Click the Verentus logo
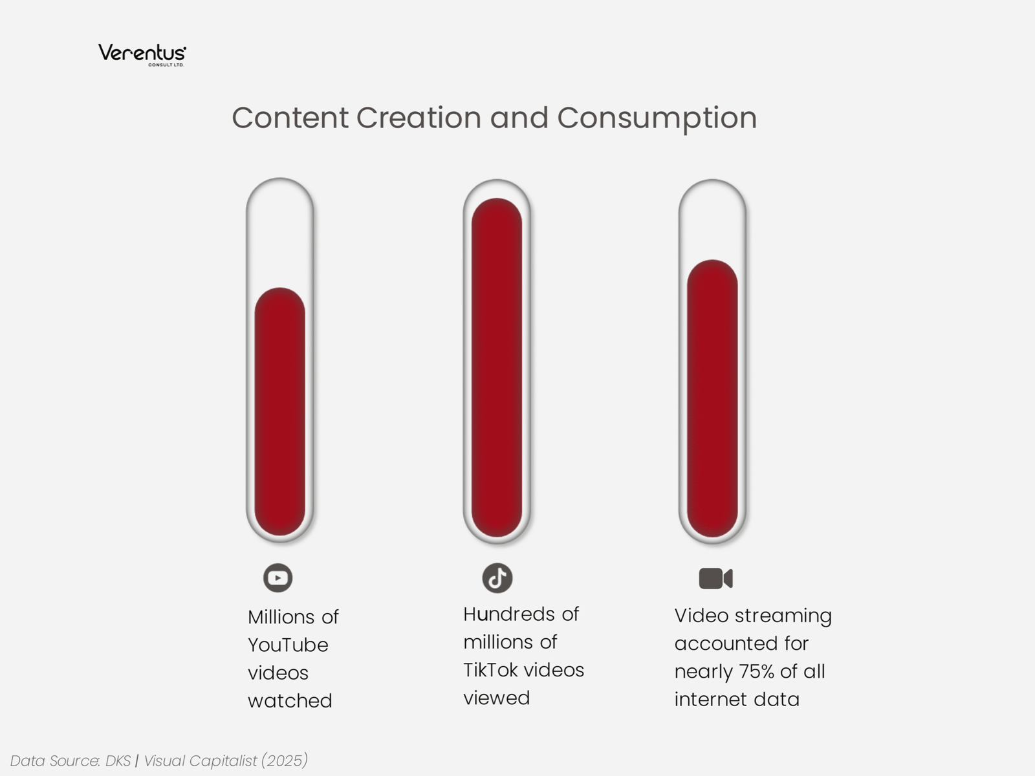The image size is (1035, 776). click(x=142, y=54)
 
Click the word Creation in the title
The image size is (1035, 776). click(x=418, y=118)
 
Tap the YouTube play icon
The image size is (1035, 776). click(x=278, y=577)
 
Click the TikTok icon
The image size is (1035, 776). click(x=497, y=577)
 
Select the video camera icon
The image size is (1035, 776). click(x=715, y=578)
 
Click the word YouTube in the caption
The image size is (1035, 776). click(x=288, y=645)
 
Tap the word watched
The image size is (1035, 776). click(x=290, y=701)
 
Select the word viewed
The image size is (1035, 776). click(x=496, y=698)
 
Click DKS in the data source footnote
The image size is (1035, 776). click(x=118, y=761)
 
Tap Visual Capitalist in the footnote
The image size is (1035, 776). click(x=200, y=761)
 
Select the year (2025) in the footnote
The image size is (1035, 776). click(x=285, y=761)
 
